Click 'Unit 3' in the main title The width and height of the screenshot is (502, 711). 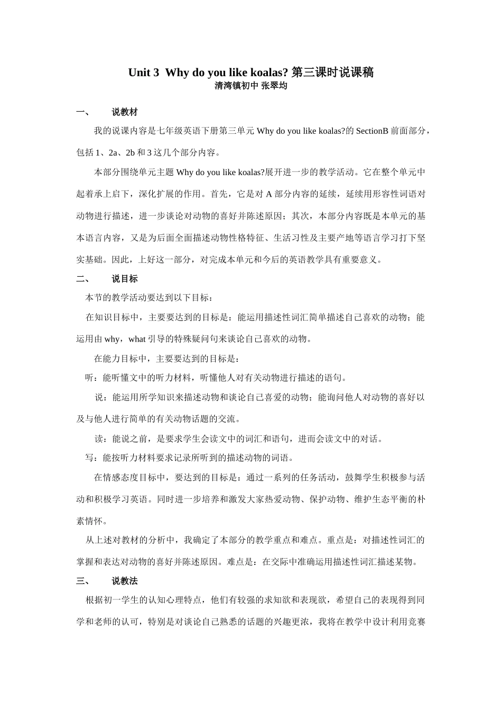(x=143, y=73)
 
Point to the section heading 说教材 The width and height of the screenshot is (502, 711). (x=125, y=112)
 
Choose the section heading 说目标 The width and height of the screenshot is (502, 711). (x=125, y=279)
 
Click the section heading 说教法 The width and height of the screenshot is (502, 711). (x=125, y=581)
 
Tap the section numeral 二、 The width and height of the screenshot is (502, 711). (x=83, y=279)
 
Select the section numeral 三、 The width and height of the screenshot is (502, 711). (x=83, y=581)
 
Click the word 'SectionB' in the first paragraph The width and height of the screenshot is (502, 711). (x=372, y=131)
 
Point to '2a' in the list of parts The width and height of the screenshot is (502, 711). (x=113, y=153)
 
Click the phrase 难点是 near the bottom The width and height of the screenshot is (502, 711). (x=243, y=562)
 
